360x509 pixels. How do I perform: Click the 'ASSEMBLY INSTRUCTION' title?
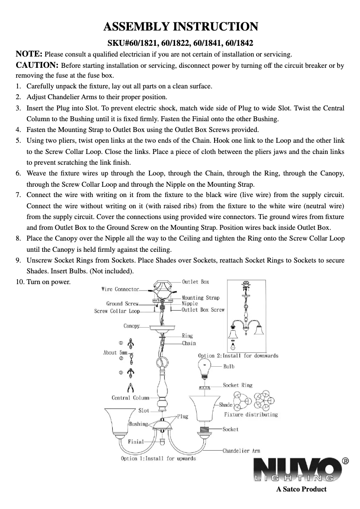point(180,26)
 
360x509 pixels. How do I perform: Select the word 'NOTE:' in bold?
point(30,55)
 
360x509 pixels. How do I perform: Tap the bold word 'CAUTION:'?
point(37,66)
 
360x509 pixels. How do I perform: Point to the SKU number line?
point(180,44)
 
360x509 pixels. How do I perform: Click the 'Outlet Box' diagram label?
point(195,282)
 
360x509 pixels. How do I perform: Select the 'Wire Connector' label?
point(120,290)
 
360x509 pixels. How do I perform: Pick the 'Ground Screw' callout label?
point(123,304)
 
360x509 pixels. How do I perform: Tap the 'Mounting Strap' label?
point(200,298)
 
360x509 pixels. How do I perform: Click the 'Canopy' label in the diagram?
point(132,326)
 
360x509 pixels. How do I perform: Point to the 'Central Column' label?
point(131,398)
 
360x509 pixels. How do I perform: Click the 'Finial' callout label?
point(136,441)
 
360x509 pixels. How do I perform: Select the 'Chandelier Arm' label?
point(241,450)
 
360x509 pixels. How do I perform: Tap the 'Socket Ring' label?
point(237,385)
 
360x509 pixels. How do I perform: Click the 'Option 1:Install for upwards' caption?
point(158,459)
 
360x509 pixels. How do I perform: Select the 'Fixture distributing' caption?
point(251,415)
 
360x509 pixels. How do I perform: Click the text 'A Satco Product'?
point(301,489)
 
